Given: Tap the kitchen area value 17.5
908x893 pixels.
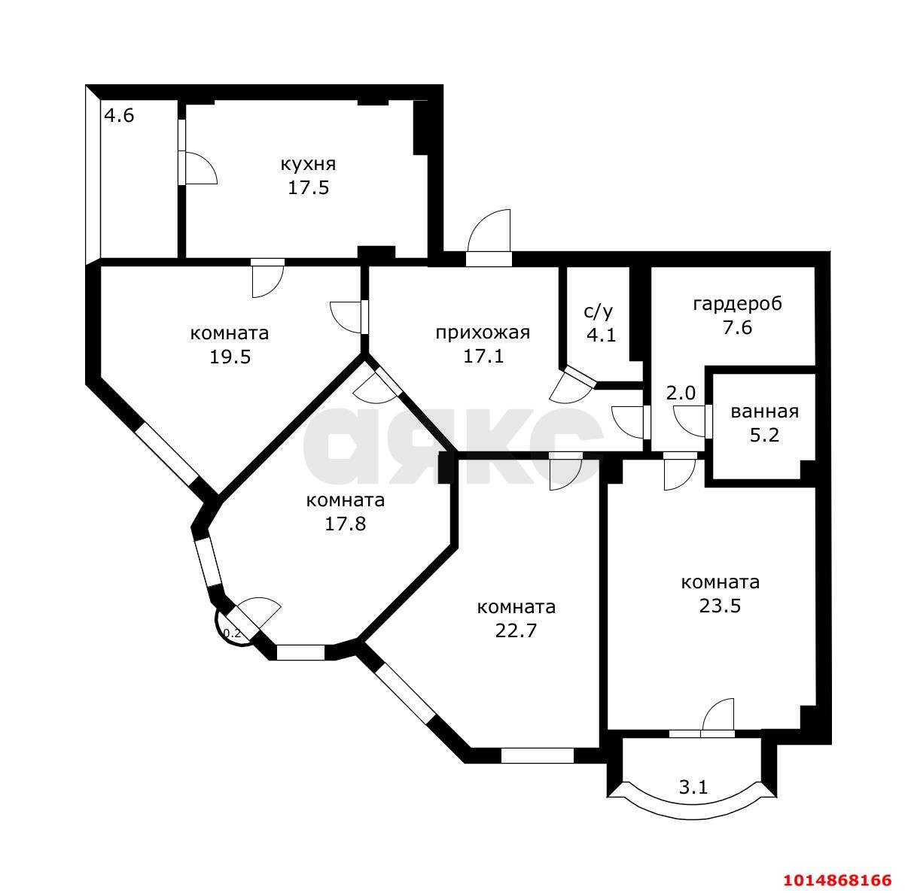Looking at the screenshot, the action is (x=308, y=188).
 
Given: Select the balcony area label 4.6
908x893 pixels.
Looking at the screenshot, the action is (x=119, y=115).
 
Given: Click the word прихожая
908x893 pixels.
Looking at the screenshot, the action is (x=483, y=333).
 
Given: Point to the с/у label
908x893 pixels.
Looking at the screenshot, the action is (x=599, y=311).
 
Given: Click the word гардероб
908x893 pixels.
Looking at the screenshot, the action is (x=737, y=304).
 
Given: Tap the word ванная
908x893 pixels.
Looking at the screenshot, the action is (x=765, y=412).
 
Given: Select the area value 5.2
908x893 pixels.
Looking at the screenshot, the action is (x=764, y=435).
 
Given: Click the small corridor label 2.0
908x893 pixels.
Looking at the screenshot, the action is (x=681, y=393).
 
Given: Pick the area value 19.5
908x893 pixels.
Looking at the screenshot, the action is (x=230, y=357).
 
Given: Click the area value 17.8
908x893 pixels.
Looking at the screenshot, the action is (x=346, y=524).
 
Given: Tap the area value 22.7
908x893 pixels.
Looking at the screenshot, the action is (x=516, y=630).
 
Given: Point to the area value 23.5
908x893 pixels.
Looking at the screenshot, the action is (x=720, y=606).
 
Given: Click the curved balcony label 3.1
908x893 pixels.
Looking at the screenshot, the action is (x=693, y=787).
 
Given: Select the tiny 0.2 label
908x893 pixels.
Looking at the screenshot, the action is (x=232, y=633).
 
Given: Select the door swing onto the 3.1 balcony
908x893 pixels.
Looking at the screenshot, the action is (x=718, y=715).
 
